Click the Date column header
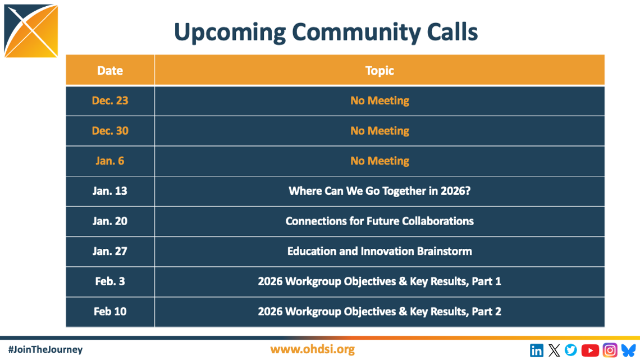tap(110, 71)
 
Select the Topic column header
tap(380, 71)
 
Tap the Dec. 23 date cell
tap(110, 101)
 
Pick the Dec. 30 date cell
tap(110, 131)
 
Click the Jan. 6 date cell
tap(110, 161)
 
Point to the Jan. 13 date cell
tap(110, 191)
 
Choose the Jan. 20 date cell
tap(110, 221)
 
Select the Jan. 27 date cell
tap(110, 251)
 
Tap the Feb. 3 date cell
tap(110, 281)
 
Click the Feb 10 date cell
tap(110, 312)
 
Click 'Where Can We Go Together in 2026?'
tap(380, 191)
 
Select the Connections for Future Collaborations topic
tap(380, 221)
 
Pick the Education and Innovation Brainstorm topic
tap(380, 251)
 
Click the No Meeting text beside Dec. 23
tap(380, 101)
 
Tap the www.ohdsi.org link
tap(312, 349)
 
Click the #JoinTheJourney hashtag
tap(45, 349)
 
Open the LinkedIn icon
tap(536, 350)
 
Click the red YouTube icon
tap(590, 350)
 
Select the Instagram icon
tap(610, 350)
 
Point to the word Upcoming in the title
tap(230, 33)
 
